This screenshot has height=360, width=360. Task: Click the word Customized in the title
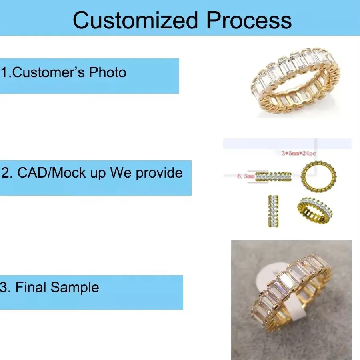[135, 20]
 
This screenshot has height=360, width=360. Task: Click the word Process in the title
[249, 20]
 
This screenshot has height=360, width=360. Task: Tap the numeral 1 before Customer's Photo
[4, 72]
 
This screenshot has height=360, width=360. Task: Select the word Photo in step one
[108, 72]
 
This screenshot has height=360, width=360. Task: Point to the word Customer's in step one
[48, 72]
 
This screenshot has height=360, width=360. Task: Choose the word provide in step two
[159, 173]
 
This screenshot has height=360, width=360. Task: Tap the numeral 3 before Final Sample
[4, 287]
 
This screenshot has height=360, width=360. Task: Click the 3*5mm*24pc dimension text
[298, 153]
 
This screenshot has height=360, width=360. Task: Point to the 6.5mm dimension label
[246, 176]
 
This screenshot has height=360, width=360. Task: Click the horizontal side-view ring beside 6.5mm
[273, 176]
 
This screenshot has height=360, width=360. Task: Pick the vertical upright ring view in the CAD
[273, 211]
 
